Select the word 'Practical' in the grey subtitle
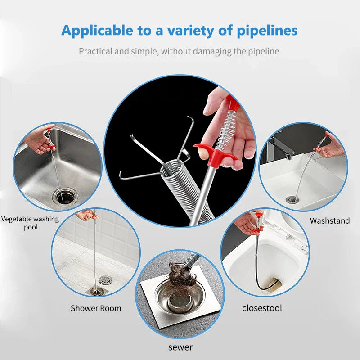click(x=95, y=51)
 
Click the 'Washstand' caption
click(x=329, y=221)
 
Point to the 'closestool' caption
click(x=262, y=308)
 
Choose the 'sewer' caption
click(x=180, y=347)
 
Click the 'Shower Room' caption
click(x=96, y=308)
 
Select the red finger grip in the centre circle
click(x=212, y=152)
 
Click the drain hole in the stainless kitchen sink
click(x=63, y=196)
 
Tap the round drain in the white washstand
click(x=292, y=198)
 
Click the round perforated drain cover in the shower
click(x=106, y=280)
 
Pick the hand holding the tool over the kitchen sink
click(x=44, y=139)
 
